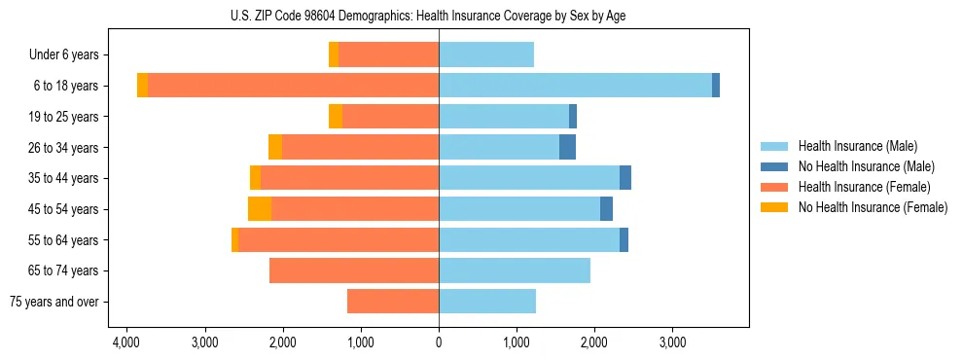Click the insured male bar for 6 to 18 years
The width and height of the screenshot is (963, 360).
tap(575, 86)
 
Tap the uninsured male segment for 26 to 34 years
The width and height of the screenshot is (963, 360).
tap(567, 147)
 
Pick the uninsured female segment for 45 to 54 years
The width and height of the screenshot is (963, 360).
tap(260, 208)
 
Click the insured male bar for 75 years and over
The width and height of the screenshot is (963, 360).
tap(487, 302)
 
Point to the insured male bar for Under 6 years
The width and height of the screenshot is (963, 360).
tap(486, 54)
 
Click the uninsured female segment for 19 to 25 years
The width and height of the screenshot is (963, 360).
tap(336, 117)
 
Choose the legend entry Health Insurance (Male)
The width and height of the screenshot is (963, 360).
tap(857, 146)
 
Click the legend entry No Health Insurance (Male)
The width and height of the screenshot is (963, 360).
tap(866, 166)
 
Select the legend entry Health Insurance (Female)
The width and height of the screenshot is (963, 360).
tap(864, 187)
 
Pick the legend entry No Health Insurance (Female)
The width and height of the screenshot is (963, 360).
tap(873, 207)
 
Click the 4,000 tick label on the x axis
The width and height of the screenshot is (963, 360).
tap(126, 343)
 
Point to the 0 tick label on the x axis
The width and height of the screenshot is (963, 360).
tap(439, 343)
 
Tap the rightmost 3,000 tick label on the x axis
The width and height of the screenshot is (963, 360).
tap(672, 343)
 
